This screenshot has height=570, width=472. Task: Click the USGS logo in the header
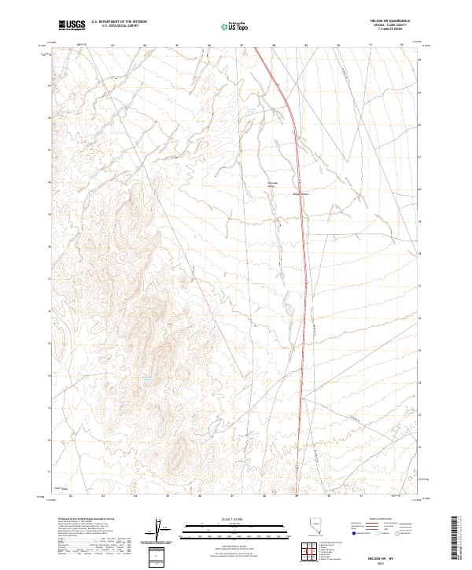(x=72, y=25)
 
